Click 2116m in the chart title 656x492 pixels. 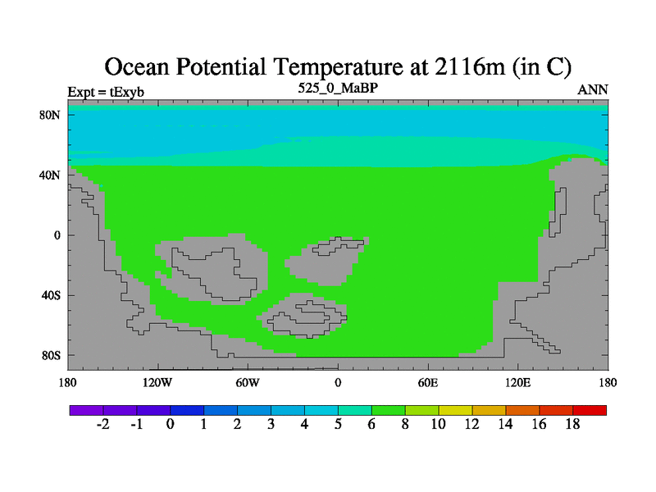[470, 66]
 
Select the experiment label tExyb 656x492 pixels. [127, 92]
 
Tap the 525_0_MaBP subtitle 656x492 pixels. [338, 88]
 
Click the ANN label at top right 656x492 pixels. [592, 90]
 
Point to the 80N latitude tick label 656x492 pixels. [50, 115]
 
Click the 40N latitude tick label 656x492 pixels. [50, 175]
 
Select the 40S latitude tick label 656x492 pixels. [51, 295]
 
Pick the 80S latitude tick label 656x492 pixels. [51, 356]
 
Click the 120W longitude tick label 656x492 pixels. [157, 383]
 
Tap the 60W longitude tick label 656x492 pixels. [248, 383]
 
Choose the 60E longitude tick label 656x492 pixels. [428, 383]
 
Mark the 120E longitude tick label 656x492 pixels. [518, 383]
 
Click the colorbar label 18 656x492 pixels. [572, 425]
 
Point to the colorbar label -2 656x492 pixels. [103, 425]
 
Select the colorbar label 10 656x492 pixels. [439, 425]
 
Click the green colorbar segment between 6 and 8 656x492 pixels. [388, 411]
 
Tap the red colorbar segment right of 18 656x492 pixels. [590, 411]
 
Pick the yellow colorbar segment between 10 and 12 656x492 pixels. [455, 411]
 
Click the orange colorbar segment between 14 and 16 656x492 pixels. [522, 411]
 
